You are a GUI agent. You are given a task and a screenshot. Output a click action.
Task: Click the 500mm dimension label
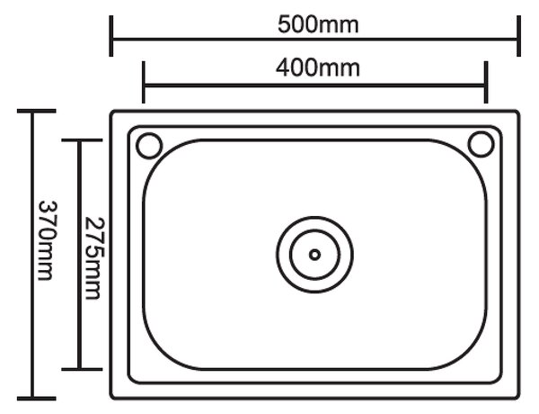click(x=318, y=25)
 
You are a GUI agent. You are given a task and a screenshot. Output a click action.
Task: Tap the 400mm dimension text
click(x=318, y=67)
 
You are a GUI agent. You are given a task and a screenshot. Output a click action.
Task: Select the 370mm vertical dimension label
click(x=47, y=241)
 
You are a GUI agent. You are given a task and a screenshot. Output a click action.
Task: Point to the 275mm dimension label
click(x=93, y=258)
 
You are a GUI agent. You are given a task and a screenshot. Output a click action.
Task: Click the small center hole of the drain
click(x=314, y=255)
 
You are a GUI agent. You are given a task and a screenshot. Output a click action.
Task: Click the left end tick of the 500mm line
click(x=111, y=36)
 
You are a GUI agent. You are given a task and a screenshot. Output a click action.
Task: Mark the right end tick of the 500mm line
click(x=518, y=36)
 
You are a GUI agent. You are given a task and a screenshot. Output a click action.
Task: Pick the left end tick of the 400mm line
click(x=144, y=82)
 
